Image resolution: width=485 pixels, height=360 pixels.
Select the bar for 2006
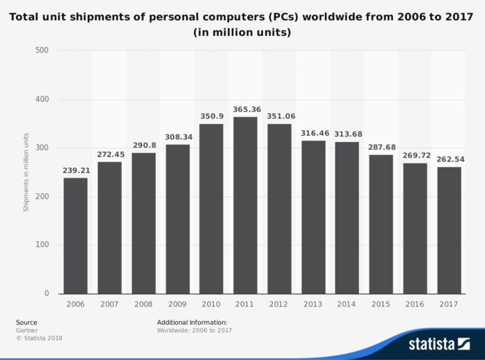tap(76, 235)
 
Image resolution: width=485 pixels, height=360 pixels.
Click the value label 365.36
tap(245, 109)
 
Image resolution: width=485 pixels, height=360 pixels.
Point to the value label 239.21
tap(76, 170)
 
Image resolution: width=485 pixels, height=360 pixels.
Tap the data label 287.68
tap(381, 147)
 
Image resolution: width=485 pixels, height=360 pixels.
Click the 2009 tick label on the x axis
tap(177, 303)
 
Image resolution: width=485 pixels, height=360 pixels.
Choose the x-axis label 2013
tap(313, 303)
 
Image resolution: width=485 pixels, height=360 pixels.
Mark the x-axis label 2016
tap(415, 303)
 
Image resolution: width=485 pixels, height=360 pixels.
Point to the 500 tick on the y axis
tap(42, 51)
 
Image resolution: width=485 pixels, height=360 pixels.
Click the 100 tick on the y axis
tap(42, 245)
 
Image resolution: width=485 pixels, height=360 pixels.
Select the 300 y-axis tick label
tap(42, 148)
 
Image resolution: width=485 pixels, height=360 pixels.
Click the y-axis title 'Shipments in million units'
tap(26, 172)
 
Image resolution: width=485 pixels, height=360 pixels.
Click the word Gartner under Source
tap(27, 330)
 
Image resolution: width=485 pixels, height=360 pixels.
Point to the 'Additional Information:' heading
tap(192, 322)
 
